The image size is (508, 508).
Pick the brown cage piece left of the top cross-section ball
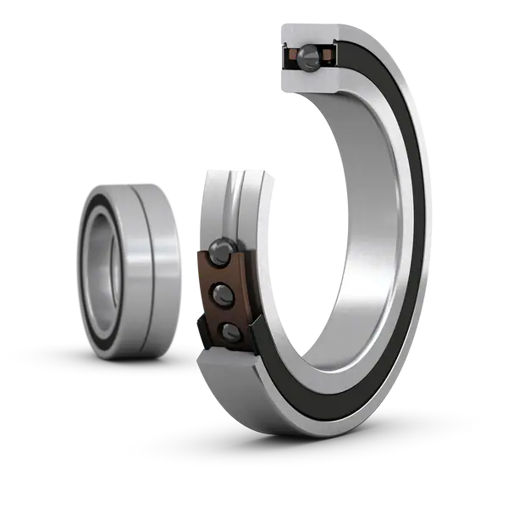click(290, 58)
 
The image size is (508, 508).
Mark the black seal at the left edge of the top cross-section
click(281, 58)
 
